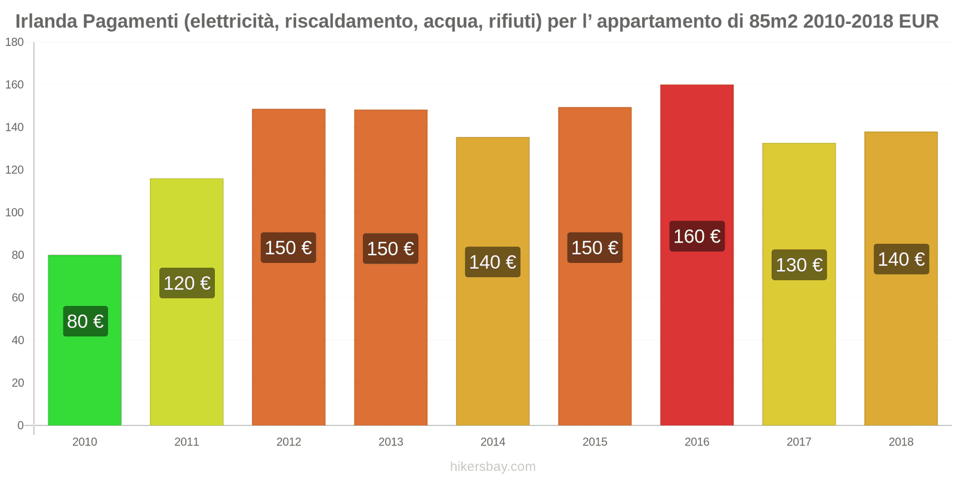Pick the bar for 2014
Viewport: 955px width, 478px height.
(492, 347)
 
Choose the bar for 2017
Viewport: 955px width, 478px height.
(799, 353)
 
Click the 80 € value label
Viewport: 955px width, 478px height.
(85, 321)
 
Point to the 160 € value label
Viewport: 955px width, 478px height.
(697, 237)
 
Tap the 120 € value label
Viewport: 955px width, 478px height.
(187, 283)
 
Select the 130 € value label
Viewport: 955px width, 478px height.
(799, 265)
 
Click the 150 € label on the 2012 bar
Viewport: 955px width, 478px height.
(288, 248)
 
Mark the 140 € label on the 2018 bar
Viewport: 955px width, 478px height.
(901, 259)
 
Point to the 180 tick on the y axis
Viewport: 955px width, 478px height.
(14, 42)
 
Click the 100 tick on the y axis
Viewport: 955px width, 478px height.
(14, 213)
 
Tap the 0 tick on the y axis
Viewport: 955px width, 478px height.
(20, 425)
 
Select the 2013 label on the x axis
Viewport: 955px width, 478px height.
(390, 442)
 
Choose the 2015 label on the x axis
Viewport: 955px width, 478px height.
(594, 442)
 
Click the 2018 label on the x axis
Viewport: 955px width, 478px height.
(901, 442)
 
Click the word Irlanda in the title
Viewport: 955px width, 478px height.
(47, 22)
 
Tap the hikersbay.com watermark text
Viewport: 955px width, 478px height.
(492, 467)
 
